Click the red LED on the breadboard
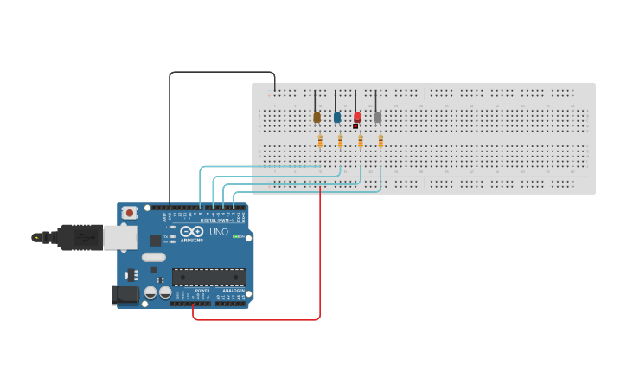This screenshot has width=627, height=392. (x=357, y=117)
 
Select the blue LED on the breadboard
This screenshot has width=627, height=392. (x=337, y=117)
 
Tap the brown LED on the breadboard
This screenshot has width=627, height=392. (x=317, y=117)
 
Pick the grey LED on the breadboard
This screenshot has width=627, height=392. (x=377, y=117)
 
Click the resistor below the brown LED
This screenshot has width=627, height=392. (x=320, y=140)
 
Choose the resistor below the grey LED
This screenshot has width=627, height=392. (x=381, y=140)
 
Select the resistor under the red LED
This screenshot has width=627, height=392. (x=361, y=140)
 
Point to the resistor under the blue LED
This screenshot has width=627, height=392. (x=340, y=140)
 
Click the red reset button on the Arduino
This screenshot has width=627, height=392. (x=130, y=213)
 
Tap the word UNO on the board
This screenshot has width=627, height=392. (x=219, y=232)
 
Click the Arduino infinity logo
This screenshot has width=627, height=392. (x=192, y=232)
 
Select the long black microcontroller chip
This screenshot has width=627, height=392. (x=208, y=277)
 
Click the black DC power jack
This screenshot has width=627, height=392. (x=125, y=295)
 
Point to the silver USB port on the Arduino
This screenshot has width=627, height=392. (x=120, y=237)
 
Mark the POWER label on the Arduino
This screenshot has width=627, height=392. (x=202, y=290)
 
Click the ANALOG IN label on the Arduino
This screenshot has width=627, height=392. (x=234, y=290)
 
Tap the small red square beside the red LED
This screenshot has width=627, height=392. (x=355, y=126)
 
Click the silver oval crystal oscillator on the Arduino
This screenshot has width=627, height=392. (x=153, y=257)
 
